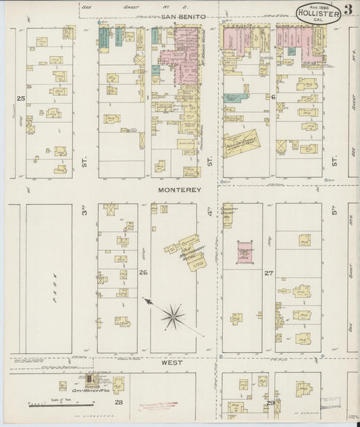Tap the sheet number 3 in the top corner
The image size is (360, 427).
(346, 9)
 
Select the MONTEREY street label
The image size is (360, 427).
(180, 191)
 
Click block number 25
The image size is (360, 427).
(21, 99)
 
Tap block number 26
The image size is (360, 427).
(143, 273)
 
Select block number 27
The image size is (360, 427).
(268, 274)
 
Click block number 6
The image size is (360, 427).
(274, 97)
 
